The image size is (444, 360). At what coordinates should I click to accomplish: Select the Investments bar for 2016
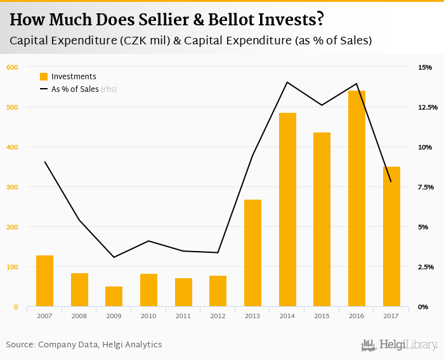[356, 198]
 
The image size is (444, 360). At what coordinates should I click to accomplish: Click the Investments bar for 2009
[114, 296]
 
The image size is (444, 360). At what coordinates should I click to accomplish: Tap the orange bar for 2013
[252, 253]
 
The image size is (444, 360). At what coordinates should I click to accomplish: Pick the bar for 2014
[287, 210]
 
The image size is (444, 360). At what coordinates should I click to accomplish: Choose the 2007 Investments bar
[44, 281]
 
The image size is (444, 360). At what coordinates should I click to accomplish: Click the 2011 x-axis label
[183, 316]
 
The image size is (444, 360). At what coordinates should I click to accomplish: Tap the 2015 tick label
[322, 316]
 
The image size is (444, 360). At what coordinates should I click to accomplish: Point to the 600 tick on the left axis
[11, 67]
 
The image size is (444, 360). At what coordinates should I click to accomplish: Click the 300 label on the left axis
[11, 187]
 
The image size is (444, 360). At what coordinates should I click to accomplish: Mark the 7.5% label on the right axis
[426, 187]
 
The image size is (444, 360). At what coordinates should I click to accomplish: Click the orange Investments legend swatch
[44, 77]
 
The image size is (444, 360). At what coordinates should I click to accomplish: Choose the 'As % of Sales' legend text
[75, 89]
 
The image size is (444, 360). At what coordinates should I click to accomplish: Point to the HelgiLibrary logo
[399, 345]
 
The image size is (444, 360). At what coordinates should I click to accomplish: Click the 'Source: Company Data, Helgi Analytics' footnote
[84, 345]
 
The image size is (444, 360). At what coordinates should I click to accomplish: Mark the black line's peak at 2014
[287, 82]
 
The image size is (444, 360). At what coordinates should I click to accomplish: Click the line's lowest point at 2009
[114, 257]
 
